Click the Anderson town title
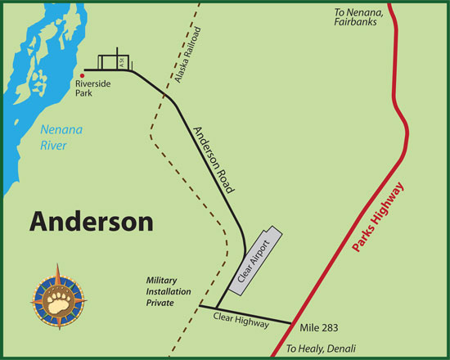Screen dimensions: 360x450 [x=92, y=222]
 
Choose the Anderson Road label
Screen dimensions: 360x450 [x=214, y=160]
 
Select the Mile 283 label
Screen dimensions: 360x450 [x=319, y=327]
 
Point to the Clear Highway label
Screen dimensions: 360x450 [x=241, y=320]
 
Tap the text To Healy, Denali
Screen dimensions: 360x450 [x=322, y=349]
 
